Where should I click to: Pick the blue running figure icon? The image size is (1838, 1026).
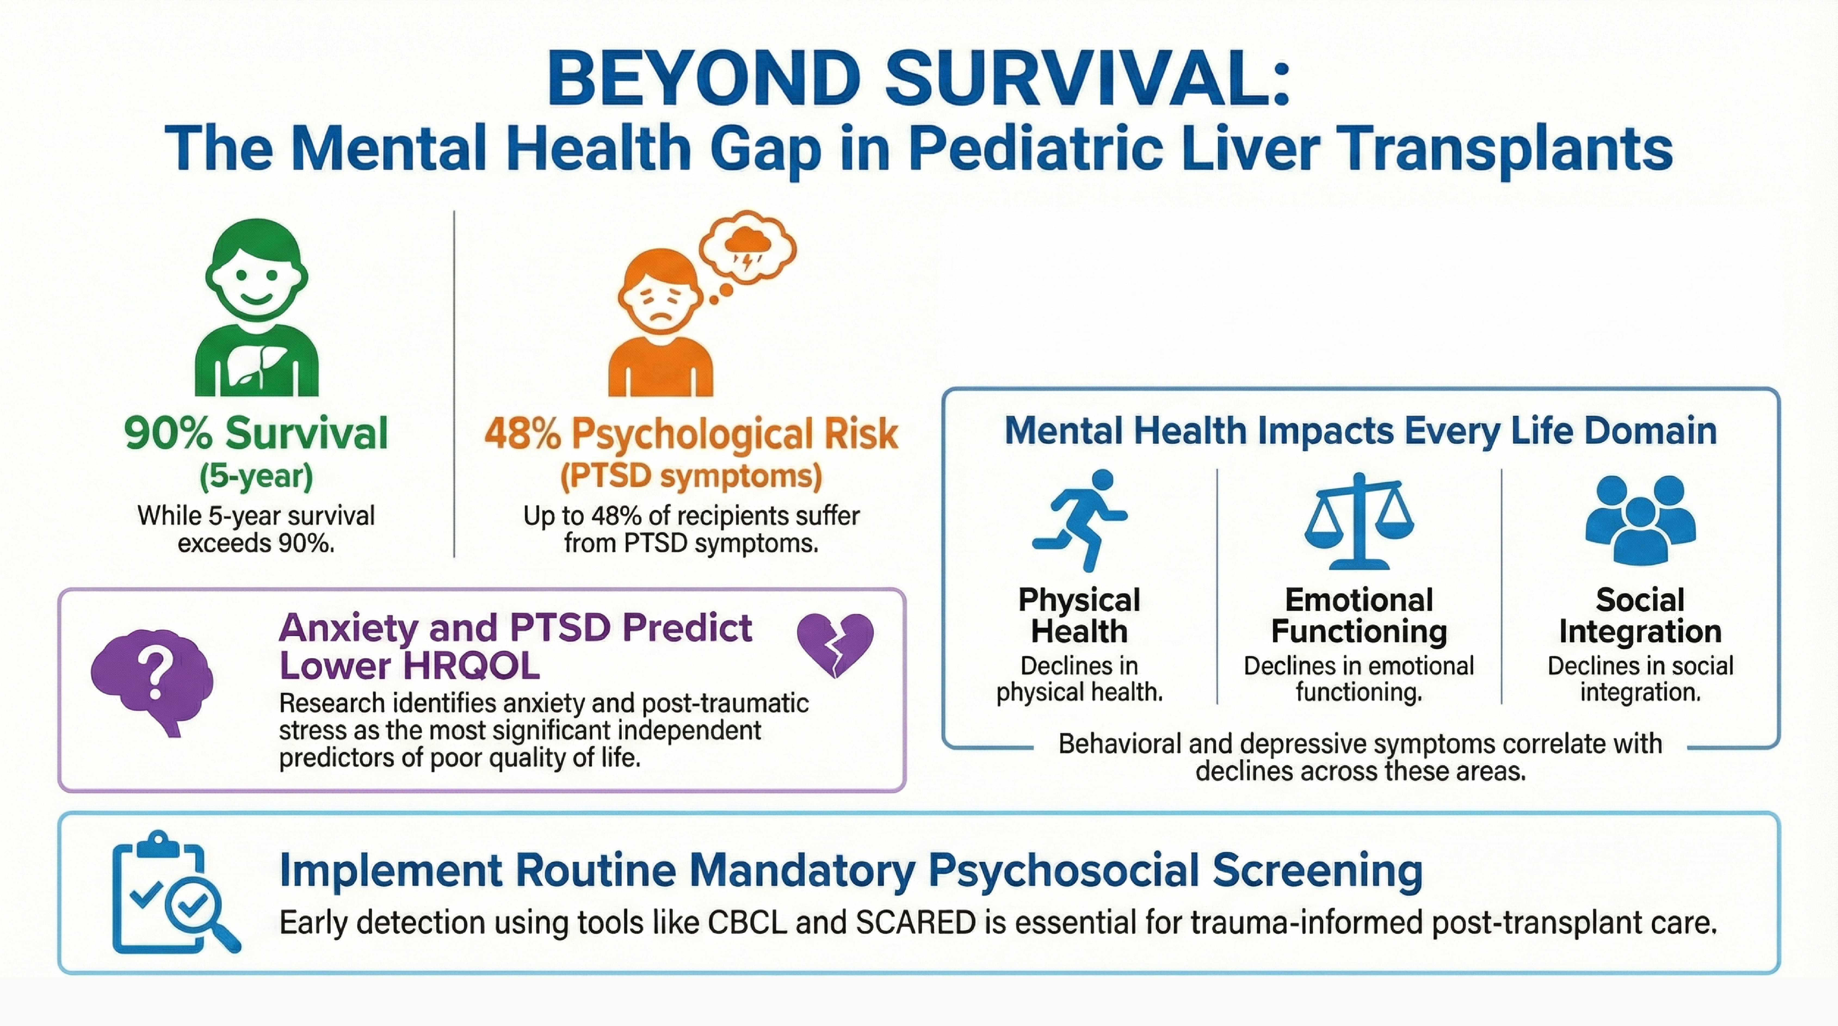[x=1079, y=520]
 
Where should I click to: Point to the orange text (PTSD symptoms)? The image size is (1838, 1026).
[x=691, y=476]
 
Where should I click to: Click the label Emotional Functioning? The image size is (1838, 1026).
[x=1359, y=615]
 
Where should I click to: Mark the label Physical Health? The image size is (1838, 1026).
[x=1079, y=615]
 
